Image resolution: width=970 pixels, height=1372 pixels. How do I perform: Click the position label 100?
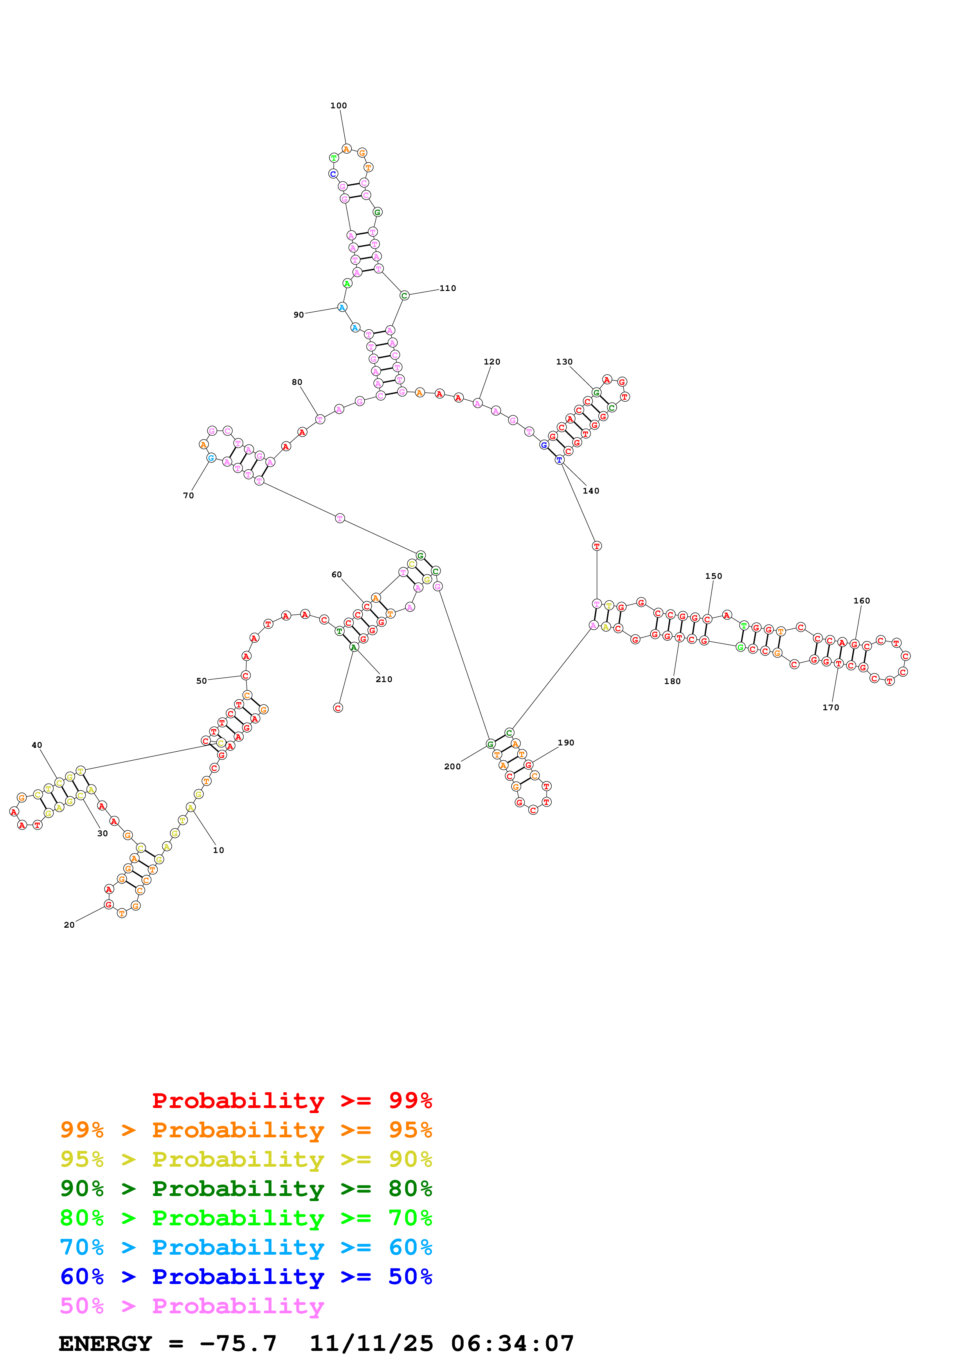[338, 106]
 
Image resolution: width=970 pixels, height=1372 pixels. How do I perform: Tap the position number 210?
[384, 679]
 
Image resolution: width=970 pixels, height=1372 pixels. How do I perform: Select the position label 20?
[69, 925]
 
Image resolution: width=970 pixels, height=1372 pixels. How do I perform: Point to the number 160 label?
[861, 601]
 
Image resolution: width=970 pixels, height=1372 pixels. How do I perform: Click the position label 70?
[188, 496]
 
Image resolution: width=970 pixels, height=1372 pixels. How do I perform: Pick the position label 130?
[564, 362]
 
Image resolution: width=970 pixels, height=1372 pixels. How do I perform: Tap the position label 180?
[672, 681]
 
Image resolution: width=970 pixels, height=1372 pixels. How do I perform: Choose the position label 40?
[37, 745]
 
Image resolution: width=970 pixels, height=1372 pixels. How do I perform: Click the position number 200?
[452, 767]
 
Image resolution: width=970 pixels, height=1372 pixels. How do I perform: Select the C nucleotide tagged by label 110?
[404, 295]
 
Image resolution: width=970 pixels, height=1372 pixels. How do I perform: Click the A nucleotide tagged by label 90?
[342, 307]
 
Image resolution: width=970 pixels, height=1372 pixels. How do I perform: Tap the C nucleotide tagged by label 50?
[245, 676]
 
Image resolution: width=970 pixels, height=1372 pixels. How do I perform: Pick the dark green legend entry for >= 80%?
[246, 1189]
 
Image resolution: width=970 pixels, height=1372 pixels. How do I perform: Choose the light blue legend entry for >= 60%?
[246, 1247]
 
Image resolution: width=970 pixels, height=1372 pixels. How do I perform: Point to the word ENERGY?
[105, 1344]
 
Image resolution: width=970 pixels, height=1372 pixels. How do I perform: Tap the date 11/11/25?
[371, 1344]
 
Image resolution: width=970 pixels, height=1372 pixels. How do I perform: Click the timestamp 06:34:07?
[512, 1344]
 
